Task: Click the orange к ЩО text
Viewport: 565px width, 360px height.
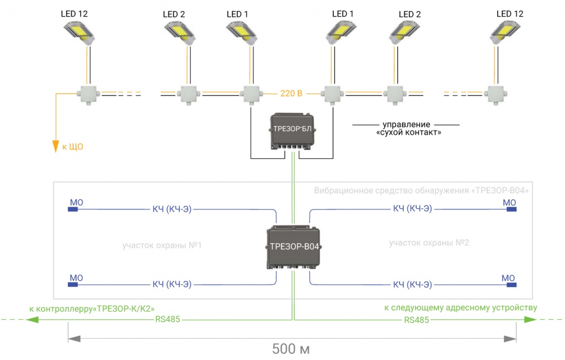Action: click(72, 147)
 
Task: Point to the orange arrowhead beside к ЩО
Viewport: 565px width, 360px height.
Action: click(55, 147)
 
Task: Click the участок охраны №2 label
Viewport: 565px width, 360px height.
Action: click(428, 243)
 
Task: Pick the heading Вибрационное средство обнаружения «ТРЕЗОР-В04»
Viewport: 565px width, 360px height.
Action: click(422, 191)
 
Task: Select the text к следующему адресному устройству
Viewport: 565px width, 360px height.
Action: click(460, 308)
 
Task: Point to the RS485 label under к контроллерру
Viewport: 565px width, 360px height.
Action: click(167, 319)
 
